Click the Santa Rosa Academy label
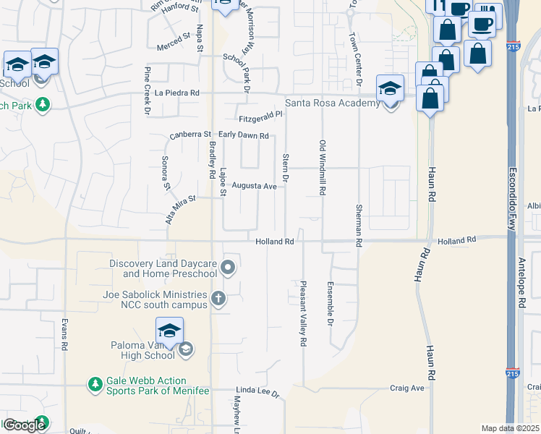click(x=332, y=103)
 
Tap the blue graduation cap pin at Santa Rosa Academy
click(x=390, y=88)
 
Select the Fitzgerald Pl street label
click(x=260, y=116)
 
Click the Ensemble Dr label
click(x=330, y=303)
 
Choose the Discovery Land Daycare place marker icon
click(x=229, y=268)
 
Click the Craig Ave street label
click(x=407, y=388)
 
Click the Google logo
click(x=24, y=425)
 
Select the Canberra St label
click(x=189, y=135)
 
